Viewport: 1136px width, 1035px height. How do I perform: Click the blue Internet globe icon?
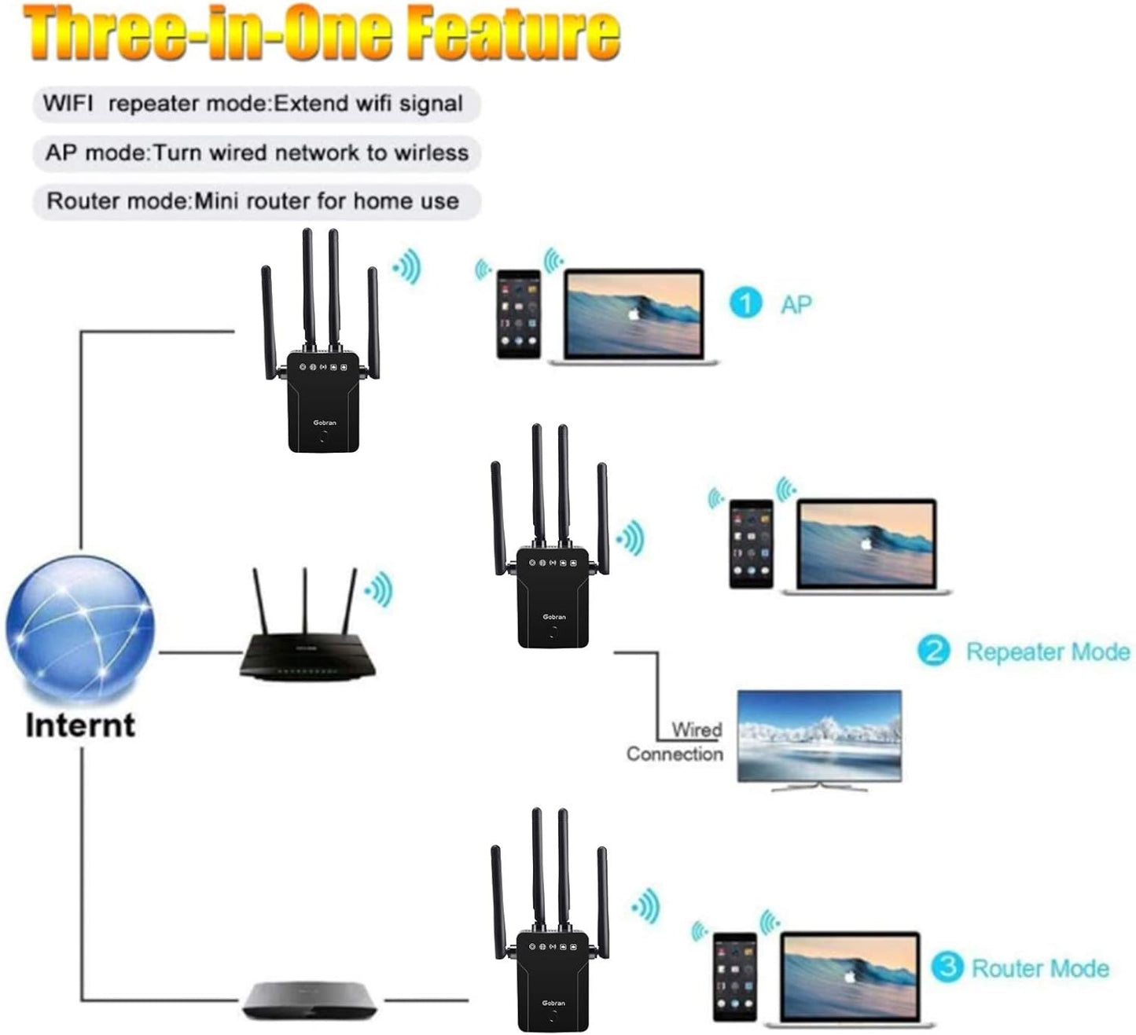[x=79, y=628]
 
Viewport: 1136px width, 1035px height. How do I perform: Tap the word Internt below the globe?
[x=80, y=725]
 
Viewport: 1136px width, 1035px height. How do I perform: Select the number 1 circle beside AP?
[x=745, y=303]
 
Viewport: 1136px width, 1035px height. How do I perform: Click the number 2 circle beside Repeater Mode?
[x=934, y=651]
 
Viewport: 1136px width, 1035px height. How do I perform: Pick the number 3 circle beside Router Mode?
[x=947, y=967]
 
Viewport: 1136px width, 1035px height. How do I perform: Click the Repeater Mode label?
[x=1047, y=651]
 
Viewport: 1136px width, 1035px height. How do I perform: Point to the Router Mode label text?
[x=1040, y=968]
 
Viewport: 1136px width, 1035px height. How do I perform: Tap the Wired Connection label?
[x=675, y=742]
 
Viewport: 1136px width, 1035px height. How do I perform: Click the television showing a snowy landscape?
[x=819, y=737]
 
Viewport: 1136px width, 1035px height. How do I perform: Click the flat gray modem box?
[x=309, y=1000]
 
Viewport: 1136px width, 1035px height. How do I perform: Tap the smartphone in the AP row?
[x=519, y=314]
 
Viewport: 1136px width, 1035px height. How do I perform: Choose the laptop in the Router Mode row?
[x=850, y=979]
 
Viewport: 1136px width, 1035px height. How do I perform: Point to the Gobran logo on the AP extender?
[x=324, y=423]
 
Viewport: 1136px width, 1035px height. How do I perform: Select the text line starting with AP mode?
[x=256, y=152]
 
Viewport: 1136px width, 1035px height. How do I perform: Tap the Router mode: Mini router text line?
[x=252, y=201]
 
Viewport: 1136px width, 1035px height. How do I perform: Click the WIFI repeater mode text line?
[x=252, y=104]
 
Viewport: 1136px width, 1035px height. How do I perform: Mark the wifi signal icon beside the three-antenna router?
[x=379, y=589]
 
